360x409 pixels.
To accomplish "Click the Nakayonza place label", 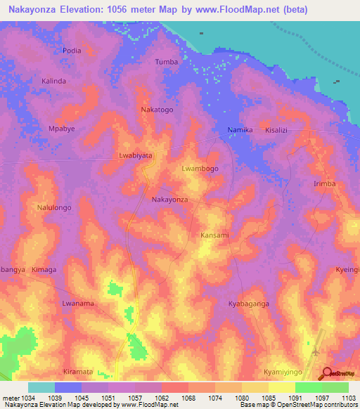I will tap(170, 200).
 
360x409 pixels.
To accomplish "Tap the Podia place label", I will tap(72, 51).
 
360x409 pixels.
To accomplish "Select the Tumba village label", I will tap(167, 62).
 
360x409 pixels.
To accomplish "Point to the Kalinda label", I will tap(54, 82).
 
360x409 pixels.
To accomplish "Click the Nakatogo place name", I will tap(157, 110).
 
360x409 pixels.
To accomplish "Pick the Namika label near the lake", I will tap(240, 131).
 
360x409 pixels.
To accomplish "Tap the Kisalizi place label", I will tap(276, 131).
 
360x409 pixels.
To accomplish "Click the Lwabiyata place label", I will tap(135, 155).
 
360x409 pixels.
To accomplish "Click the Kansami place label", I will tap(214, 235).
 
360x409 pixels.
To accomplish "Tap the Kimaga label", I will tap(44, 270).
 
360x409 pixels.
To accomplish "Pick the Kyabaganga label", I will tap(249, 304).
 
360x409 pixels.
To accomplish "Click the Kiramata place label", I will tap(77, 371).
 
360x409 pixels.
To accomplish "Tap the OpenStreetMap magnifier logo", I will tap(328, 374).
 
